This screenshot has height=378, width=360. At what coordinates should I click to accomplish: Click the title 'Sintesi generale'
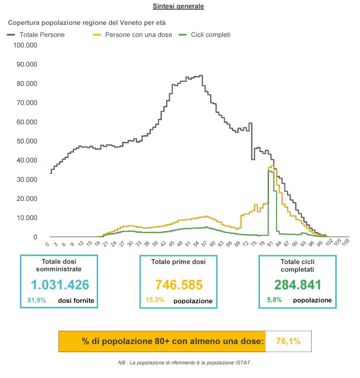(x=178, y=6)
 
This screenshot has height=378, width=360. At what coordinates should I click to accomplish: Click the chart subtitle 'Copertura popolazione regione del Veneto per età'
(x=87, y=22)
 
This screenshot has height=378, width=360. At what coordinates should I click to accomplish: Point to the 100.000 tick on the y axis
(x=26, y=45)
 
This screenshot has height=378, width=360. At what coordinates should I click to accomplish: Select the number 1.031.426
(x=60, y=285)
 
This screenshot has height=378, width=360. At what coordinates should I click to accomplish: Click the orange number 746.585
(x=179, y=285)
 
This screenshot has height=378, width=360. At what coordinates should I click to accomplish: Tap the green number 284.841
(x=298, y=285)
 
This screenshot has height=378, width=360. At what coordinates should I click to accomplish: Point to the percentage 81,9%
(x=36, y=300)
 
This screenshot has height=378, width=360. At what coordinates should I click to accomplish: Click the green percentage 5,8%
(x=274, y=300)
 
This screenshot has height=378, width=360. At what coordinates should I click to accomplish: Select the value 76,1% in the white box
(x=288, y=342)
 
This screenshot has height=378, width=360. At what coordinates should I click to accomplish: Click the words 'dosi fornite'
(x=76, y=301)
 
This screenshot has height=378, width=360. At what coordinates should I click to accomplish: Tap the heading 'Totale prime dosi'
(x=178, y=262)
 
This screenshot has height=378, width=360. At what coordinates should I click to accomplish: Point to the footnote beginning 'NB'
(x=184, y=362)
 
